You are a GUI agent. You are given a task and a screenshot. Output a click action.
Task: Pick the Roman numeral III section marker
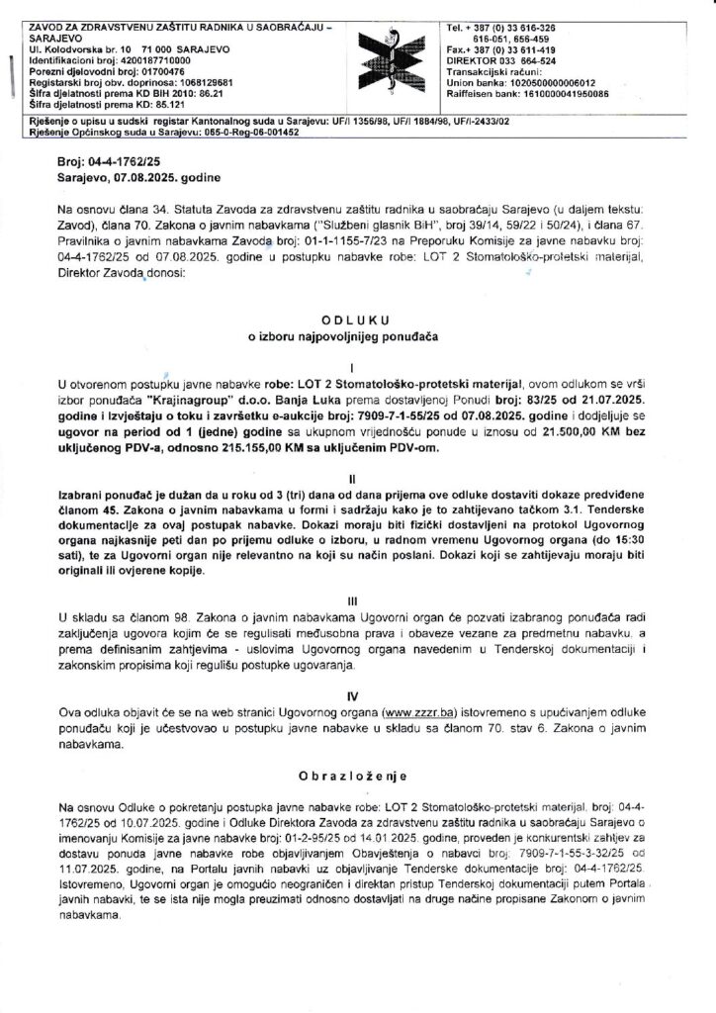[357, 599]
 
